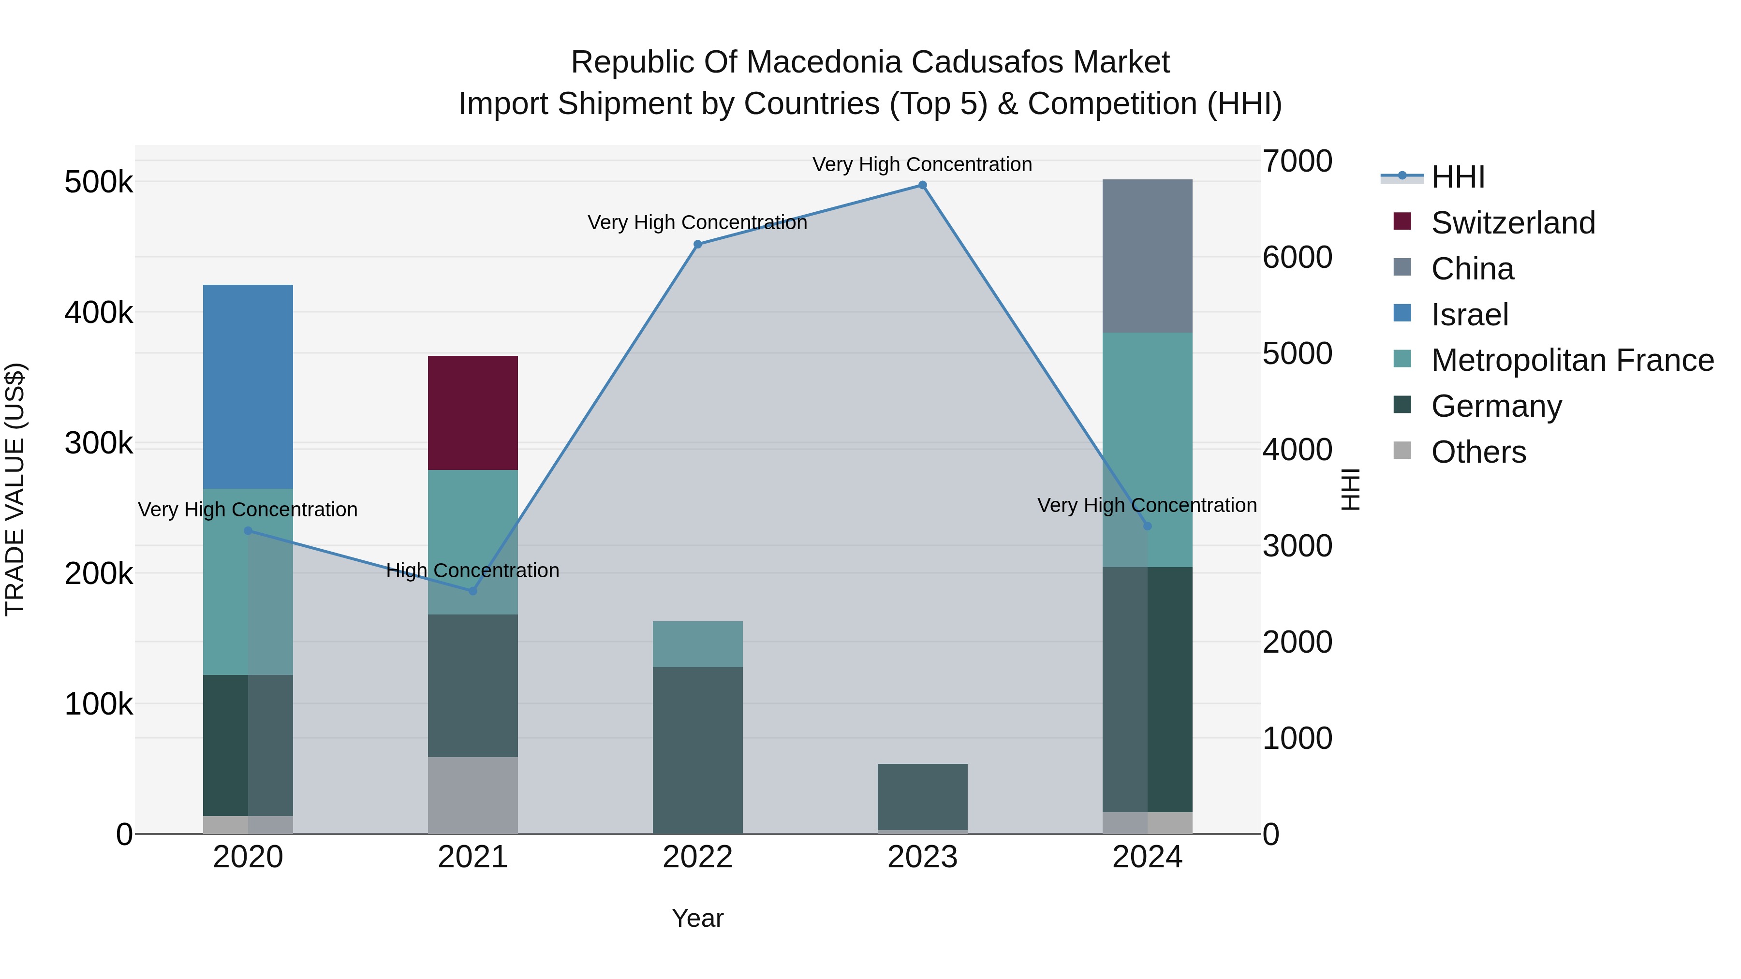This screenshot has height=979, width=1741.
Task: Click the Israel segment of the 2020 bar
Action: tap(248, 386)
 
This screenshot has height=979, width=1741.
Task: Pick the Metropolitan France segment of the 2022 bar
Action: tap(697, 644)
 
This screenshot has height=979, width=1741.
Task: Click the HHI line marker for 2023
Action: tap(923, 185)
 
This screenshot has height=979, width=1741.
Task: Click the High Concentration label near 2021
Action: tap(472, 570)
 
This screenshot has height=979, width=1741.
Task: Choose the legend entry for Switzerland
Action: tap(1513, 223)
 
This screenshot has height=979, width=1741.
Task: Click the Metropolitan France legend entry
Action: tap(1572, 360)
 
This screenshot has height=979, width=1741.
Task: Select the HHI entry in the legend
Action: tap(1457, 177)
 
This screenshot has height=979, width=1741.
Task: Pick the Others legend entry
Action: tap(1478, 452)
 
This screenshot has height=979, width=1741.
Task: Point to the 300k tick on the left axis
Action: tap(99, 444)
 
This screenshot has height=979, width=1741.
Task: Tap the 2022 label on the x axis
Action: tap(697, 857)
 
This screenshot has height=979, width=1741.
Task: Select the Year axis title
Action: tap(697, 918)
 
